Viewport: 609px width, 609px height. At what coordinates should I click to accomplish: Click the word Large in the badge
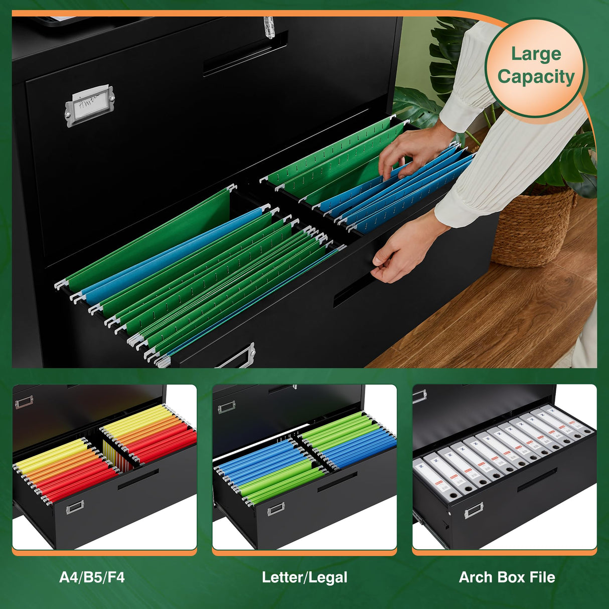[536, 54]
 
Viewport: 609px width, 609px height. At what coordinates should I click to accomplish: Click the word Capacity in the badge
[536, 77]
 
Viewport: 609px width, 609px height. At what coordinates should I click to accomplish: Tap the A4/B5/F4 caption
[92, 577]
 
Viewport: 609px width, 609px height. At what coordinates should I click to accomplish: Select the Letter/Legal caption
[304, 577]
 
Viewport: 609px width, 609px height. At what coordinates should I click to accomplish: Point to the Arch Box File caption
[507, 577]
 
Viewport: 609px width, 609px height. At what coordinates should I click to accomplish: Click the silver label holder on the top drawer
[90, 105]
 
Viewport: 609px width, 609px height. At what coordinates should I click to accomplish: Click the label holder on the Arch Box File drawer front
[474, 511]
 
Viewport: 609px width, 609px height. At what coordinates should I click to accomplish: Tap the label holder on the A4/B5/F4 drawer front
[75, 507]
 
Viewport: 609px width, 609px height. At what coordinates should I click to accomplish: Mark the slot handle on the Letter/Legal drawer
[337, 482]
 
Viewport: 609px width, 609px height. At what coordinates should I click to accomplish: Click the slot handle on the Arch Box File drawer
[537, 480]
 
